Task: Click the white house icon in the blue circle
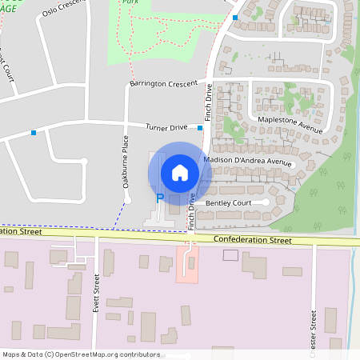point(180,172)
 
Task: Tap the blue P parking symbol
point(159,198)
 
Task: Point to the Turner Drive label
point(166,127)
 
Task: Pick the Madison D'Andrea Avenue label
point(248,161)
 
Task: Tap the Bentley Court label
point(229,203)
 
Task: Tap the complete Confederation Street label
point(256,239)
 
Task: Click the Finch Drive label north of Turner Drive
point(209,102)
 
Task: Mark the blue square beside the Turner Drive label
point(200,127)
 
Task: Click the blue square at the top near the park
point(235,17)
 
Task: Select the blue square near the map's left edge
point(33,132)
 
